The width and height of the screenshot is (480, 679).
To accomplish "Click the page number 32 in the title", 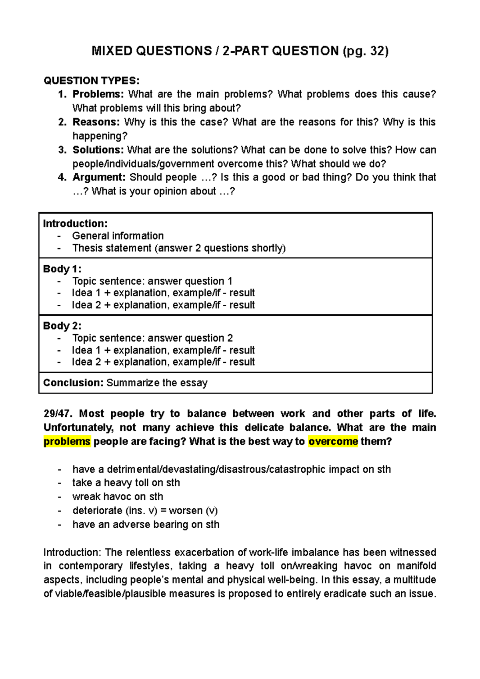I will pyautogui.click(x=377, y=51).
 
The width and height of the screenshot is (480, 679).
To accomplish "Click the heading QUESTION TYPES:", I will pyautogui.click(x=92, y=81).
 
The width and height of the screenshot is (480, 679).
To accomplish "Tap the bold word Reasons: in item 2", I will pyautogui.click(x=96, y=122).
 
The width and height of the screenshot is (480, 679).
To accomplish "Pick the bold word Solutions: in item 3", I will pyautogui.click(x=98, y=150).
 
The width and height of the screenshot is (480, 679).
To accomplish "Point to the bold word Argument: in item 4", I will pyautogui.click(x=99, y=177).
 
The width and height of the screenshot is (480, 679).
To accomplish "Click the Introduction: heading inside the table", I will pyautogui.click(x=75, y=224).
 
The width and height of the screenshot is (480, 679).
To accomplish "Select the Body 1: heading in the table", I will pyautogui.click(x=62, y=269).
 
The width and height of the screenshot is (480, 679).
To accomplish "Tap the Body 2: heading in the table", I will pyautogui.click(x=62, y=326).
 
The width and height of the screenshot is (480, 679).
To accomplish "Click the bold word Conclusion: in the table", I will pyautogui.click(x=73, y=383).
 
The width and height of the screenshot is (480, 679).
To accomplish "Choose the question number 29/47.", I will pyautogui.click(x=58, y=413).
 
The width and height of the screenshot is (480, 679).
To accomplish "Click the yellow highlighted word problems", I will pyautogui.click(x=67, y=441).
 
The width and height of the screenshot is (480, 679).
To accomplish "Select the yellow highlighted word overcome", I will pyautogui.click(x=333, y=441).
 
